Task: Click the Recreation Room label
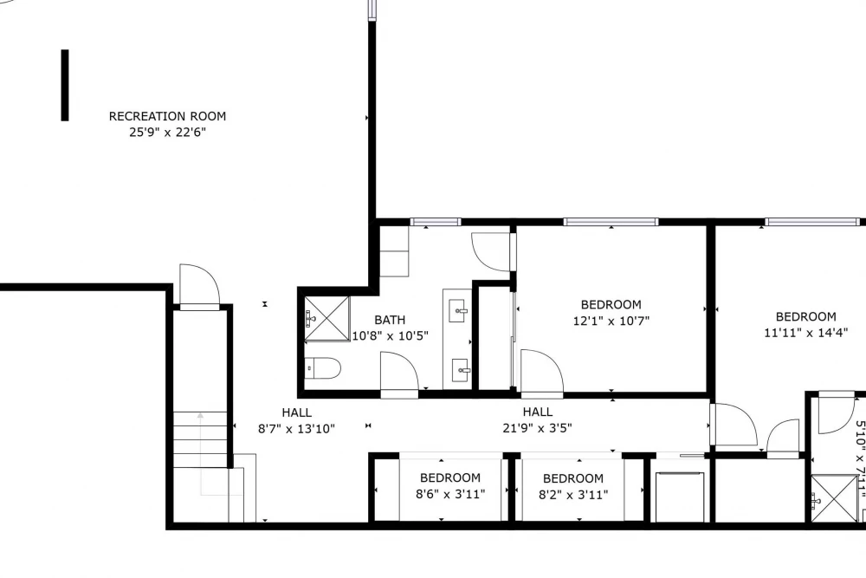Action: [167, 116]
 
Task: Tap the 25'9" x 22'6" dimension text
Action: [167, 132]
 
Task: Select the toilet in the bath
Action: [322, 368]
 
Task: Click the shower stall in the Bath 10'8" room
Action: [327, 319]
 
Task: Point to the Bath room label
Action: [390, 320]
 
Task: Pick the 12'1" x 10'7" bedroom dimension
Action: [611, 321]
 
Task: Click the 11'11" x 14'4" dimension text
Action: [805, 333]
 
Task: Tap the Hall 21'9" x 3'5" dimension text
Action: [538, 428]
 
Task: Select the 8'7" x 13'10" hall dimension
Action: [296, 428]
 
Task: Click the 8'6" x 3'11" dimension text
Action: [450, 493]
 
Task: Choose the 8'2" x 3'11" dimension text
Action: [573, 494]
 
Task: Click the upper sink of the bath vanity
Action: [459, 310]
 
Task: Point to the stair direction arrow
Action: [201, 453]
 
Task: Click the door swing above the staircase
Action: [199, 284]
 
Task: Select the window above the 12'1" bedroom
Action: [611, 222]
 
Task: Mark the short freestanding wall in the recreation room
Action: [65, 85]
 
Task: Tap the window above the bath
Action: [436, 222]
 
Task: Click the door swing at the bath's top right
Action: [491, 252]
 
